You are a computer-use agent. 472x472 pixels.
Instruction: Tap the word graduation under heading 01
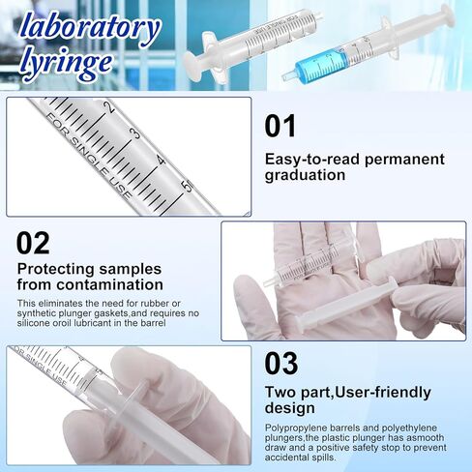pos(305,175)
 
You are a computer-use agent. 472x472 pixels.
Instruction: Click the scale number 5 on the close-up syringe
pos(188,178)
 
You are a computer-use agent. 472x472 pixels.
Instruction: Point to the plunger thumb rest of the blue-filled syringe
pos(444,15)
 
